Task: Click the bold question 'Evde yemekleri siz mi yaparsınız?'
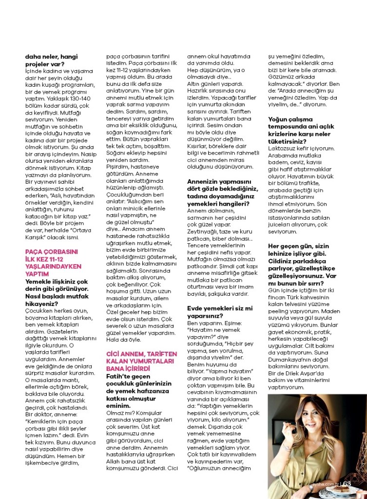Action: point(220,312)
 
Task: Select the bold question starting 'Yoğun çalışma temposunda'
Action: point(305,129)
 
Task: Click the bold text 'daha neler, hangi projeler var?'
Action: point(52,60)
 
